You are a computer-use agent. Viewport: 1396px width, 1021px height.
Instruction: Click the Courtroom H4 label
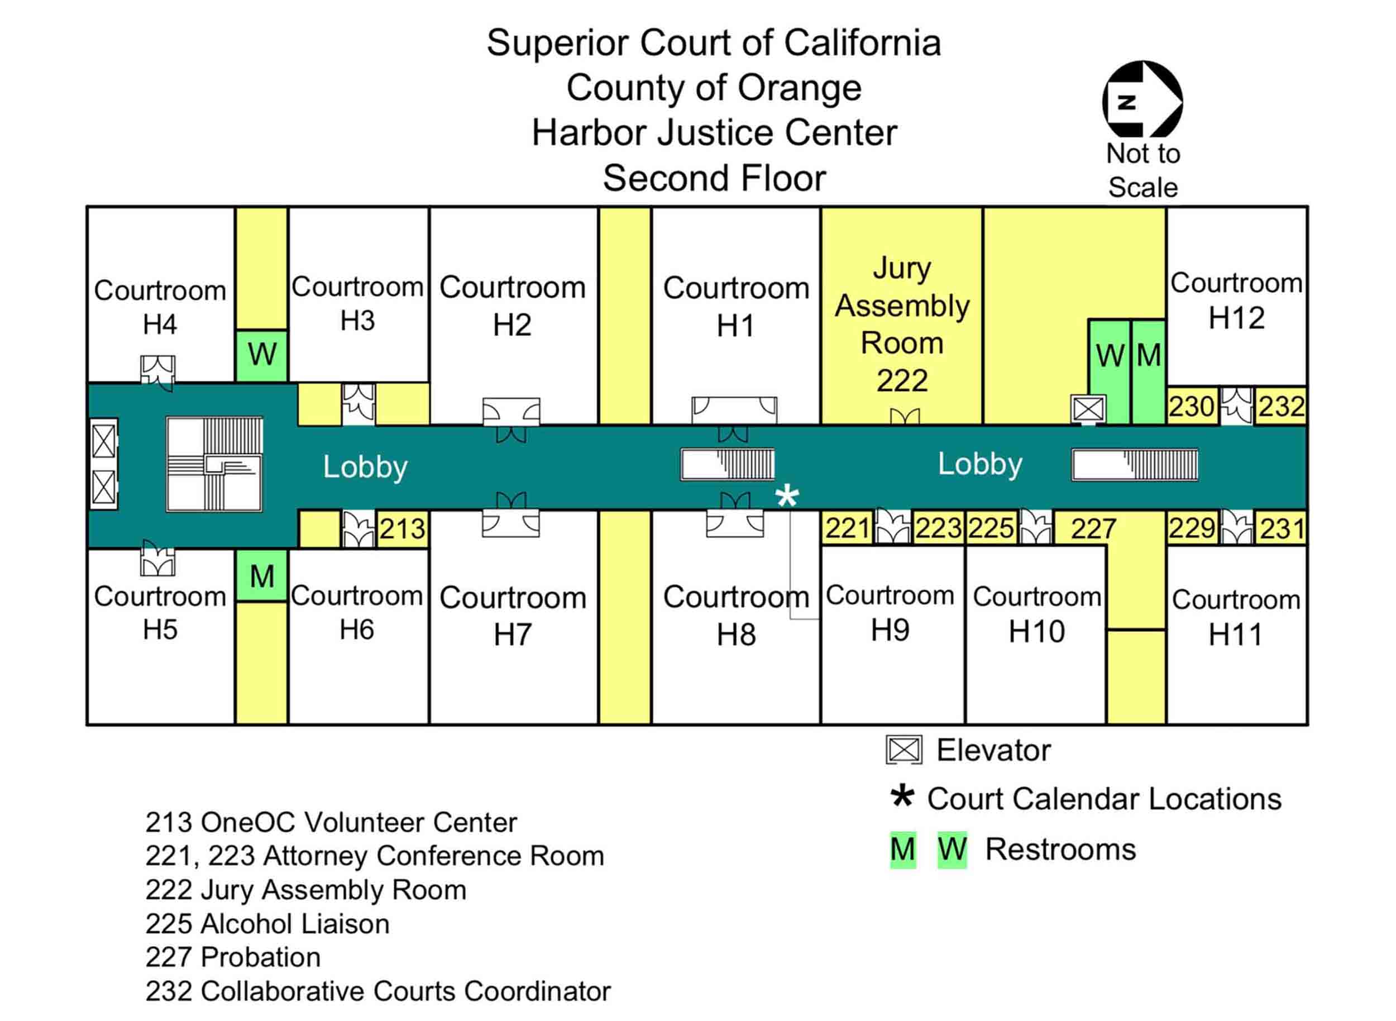(160, 307)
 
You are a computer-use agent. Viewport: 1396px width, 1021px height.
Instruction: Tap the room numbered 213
(401, 529)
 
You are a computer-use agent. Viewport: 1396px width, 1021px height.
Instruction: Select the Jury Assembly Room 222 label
(902, 325)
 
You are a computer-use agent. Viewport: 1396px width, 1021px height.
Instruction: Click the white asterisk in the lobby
(787, 497)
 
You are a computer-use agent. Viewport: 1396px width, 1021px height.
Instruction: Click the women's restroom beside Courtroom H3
(261, 355)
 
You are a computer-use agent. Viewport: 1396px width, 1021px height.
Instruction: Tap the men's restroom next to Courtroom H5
(261, 576)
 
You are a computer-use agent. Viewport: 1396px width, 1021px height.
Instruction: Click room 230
(1192, 407)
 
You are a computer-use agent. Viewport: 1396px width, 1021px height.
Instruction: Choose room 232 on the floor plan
(1281, 407)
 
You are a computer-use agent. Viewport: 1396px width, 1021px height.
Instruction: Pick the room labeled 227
(1093, 529)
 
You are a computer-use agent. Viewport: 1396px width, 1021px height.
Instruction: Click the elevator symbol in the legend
(903, 750)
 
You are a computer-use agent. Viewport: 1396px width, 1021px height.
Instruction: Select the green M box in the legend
(902, 850)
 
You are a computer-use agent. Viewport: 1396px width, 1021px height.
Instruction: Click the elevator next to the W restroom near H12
(1088, 408)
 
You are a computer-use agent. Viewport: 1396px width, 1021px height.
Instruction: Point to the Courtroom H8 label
(735, 616)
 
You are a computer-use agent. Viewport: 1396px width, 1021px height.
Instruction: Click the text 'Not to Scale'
(1142, 170)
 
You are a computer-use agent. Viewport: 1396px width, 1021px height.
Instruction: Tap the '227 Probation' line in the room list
(233, 957)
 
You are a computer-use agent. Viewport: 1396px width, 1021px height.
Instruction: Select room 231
(1282, 529)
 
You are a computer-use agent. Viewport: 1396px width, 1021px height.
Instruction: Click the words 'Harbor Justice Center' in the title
(714, 133)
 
